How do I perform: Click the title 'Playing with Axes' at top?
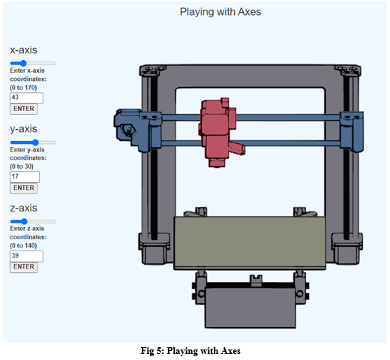220,12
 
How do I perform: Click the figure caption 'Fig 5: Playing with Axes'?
194,350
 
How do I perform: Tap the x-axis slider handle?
23,63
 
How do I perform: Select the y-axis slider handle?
35,142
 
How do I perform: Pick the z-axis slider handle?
24,221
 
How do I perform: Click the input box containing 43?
26,97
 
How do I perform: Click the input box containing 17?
24,177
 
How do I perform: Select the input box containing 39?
26,256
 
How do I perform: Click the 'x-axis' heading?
23,49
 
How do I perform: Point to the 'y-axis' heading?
23,128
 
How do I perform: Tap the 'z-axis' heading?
23,208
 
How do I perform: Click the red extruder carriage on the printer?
218,126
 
